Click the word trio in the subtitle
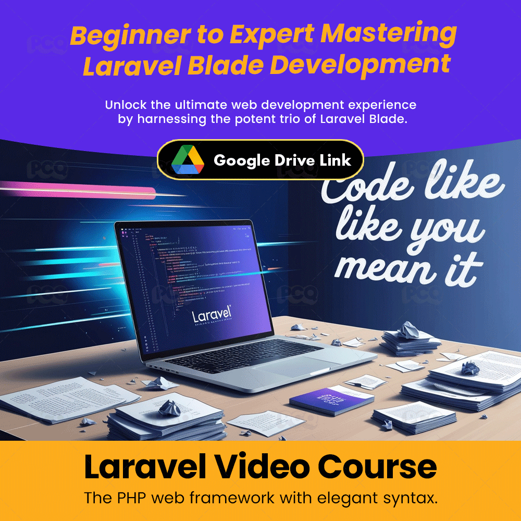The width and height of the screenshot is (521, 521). click(x=305, y=119)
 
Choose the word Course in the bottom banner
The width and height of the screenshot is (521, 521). click(x=378, y=467)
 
